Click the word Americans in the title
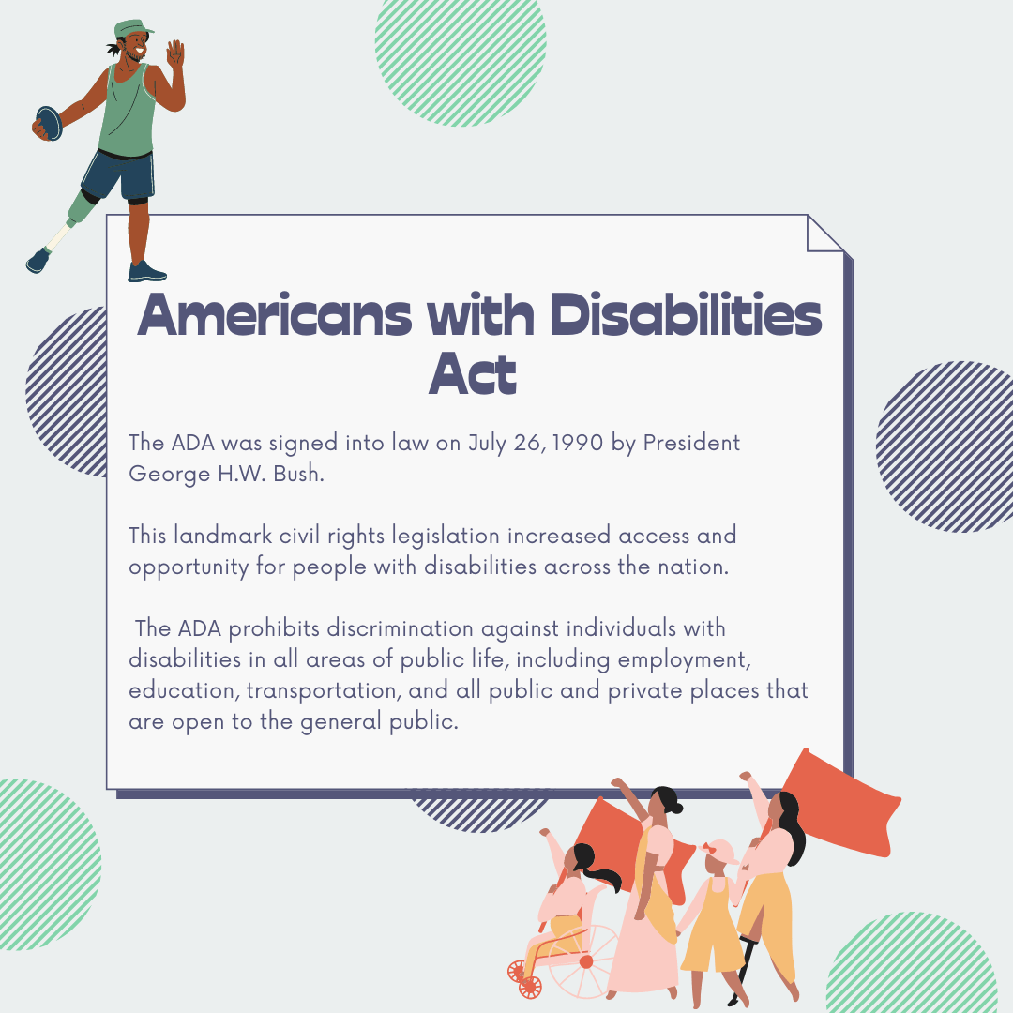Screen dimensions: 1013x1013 [x=275, y=315]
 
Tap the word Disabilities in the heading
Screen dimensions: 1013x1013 [x=686, y=314]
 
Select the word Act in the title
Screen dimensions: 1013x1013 [x=473, y=373]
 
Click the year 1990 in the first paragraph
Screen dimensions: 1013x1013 [x=578, y=443]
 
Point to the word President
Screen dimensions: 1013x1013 [x=691, y=443]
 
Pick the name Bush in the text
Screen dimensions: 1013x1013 [x=298, y=474]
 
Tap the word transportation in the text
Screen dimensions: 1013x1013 [x=324, y=690]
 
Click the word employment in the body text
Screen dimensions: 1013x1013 [x=685, y=660]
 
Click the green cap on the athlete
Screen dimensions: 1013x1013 [x=133, y=29]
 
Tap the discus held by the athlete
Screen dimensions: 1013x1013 [x=49, y=124]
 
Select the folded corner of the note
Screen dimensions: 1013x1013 [x=824, y=234]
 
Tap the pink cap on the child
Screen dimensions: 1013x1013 [x=718, y=851]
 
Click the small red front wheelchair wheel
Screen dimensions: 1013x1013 [x=530, y=987]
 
